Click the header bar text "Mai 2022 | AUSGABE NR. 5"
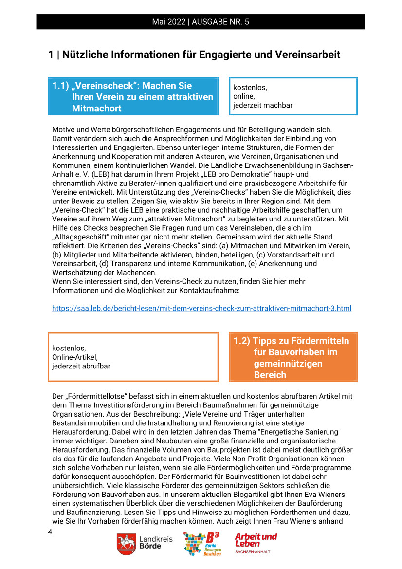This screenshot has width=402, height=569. [201, 22]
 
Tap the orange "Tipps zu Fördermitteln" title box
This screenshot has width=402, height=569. [293, 357]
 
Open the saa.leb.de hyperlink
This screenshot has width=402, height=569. [201, 308]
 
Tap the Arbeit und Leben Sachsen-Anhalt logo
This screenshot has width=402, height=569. [256, 543]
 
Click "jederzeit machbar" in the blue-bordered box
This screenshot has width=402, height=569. [263, 105]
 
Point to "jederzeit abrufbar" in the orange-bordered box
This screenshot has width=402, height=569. [81, 366]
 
